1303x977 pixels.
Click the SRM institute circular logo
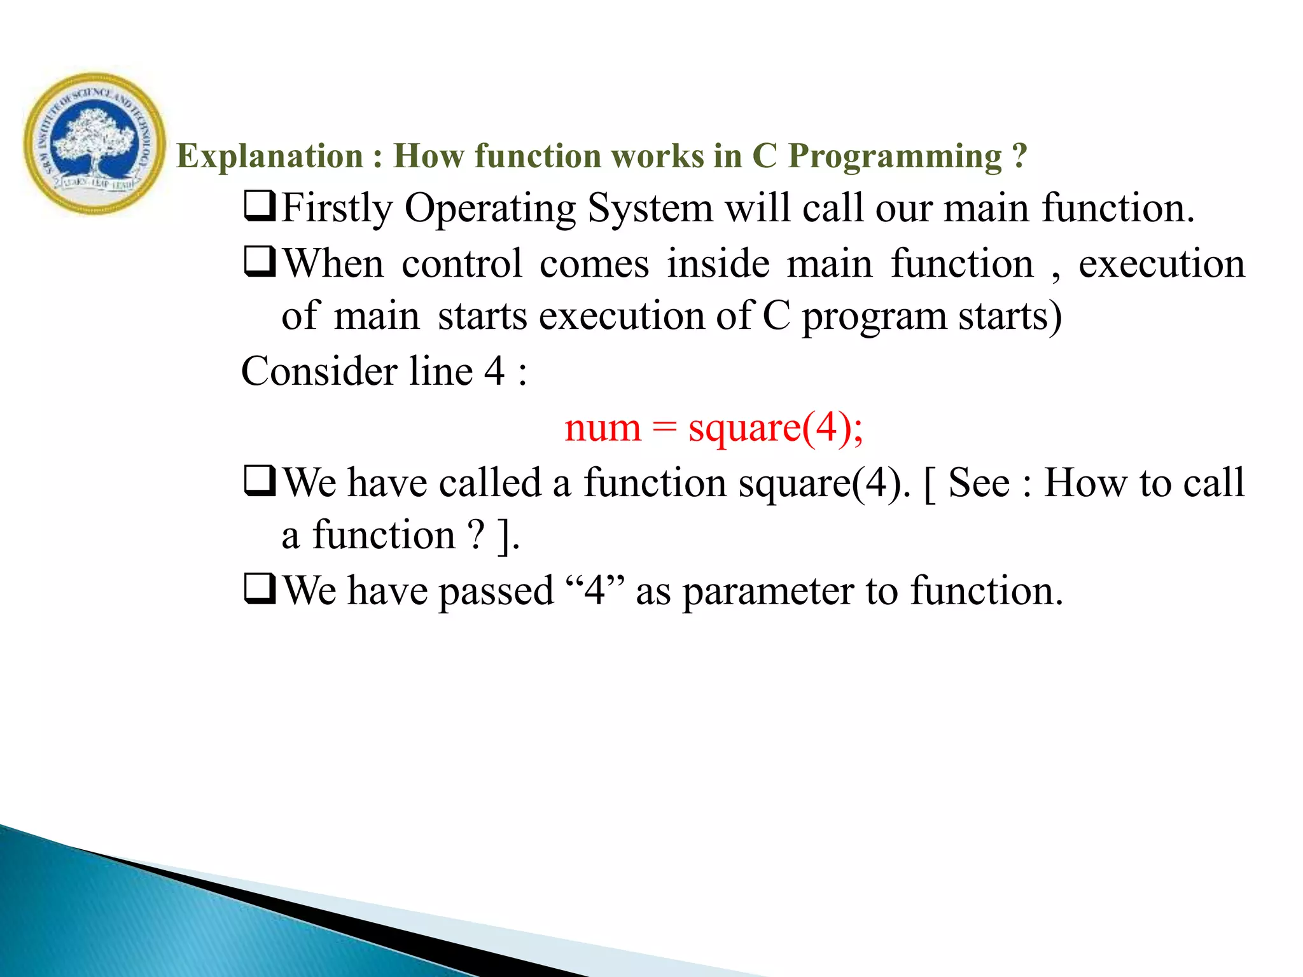(94, 143)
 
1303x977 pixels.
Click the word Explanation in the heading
(269, 156)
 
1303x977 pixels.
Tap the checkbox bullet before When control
(260, 262)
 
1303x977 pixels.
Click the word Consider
(319, 371)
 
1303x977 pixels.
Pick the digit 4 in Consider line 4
(494, 371)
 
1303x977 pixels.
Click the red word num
(602, 428)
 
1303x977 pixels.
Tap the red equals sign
(664, 428)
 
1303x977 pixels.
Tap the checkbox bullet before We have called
(260, 481)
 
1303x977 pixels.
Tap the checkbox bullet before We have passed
(260, 589)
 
